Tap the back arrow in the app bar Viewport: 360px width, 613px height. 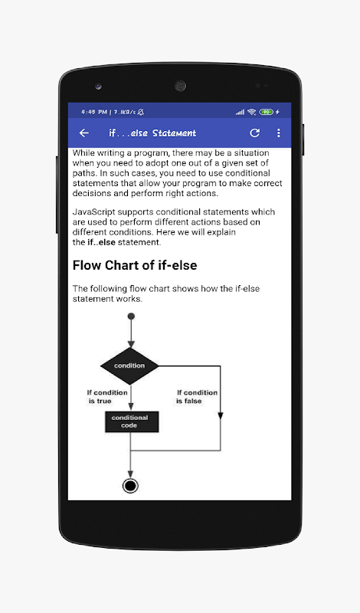84,133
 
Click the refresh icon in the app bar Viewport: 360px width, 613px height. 255,133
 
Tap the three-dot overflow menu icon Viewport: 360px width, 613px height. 278,133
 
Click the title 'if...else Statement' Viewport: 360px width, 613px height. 152,133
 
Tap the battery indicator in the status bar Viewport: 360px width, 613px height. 267,112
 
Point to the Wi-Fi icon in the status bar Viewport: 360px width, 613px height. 252,112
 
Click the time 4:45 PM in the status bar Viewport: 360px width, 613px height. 93,112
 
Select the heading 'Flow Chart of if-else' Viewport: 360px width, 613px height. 135,265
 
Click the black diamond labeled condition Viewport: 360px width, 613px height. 129,366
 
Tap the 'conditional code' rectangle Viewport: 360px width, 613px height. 132,421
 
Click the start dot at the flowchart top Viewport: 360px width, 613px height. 131,316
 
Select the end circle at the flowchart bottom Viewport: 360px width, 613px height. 130,486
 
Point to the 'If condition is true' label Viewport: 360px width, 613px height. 107,397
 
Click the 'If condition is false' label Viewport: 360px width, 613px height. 197,397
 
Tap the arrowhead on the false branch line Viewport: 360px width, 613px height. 221,415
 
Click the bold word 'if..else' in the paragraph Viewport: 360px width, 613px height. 101,242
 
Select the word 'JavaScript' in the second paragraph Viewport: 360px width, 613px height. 93,212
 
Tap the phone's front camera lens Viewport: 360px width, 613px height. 98,86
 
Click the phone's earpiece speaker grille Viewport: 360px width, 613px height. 180,86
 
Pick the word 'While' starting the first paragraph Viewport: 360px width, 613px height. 83,152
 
